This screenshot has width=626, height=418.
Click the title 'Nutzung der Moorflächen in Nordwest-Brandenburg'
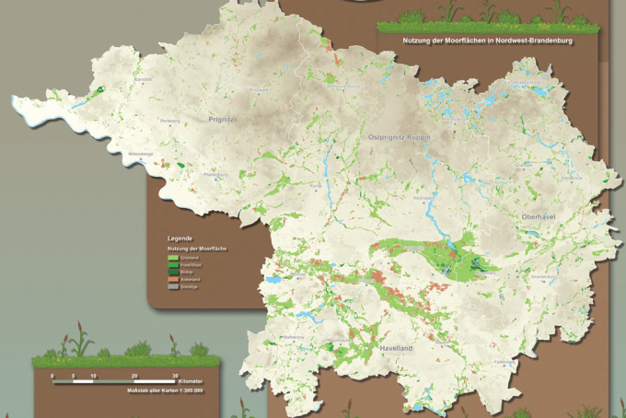(482, 41)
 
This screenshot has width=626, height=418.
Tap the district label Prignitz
(223, 119)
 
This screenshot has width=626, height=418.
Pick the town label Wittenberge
(141, 154)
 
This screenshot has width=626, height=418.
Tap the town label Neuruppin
(423, 198)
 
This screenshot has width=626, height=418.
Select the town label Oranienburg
(543, 275)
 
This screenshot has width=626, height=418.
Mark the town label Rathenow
(293, 338)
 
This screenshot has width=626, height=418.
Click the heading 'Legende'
(180, 238)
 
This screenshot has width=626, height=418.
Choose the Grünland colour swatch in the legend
(173, 259)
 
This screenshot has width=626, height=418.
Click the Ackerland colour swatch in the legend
(173, 281)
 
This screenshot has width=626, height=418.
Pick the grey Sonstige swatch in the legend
(173, 288)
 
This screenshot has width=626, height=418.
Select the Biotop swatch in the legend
(173, 273)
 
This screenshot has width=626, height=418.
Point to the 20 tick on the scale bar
(134, 376)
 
